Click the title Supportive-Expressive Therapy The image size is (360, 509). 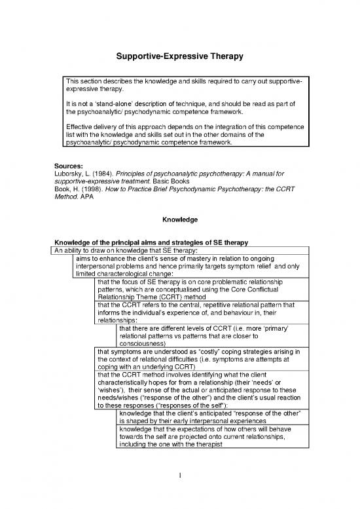[179, 57]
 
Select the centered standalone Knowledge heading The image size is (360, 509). [179, 221]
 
